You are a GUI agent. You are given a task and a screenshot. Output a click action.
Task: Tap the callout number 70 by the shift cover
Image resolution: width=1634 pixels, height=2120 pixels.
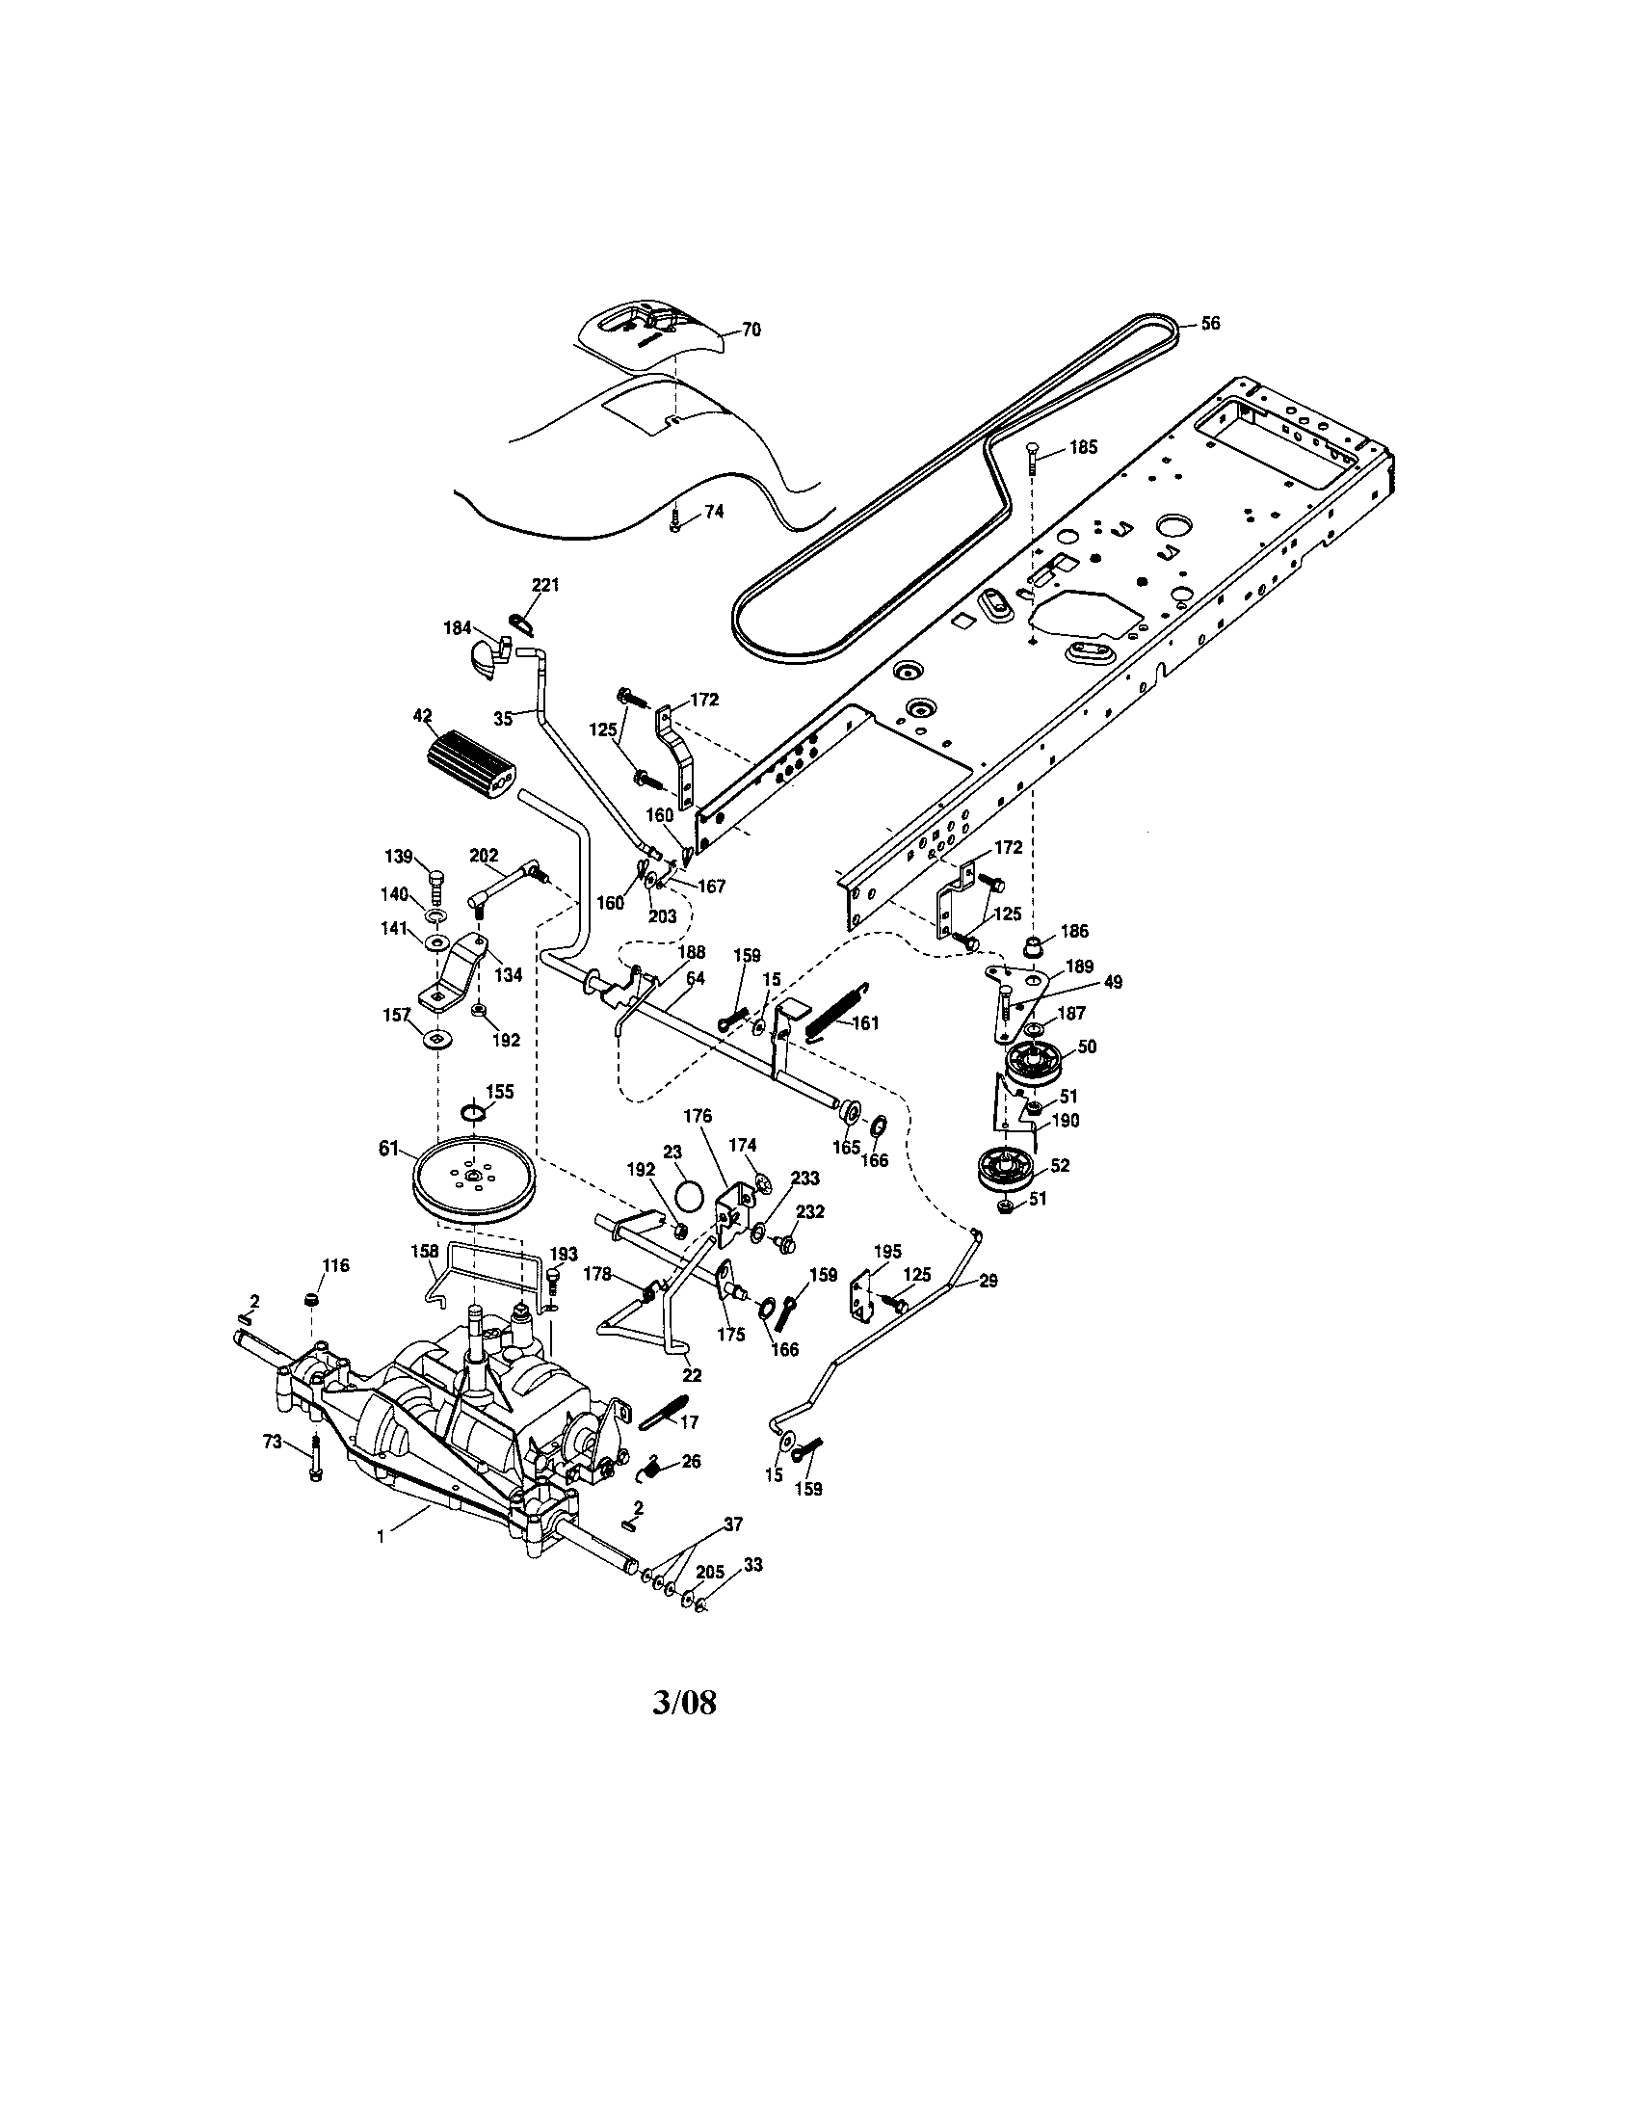tap(751, 330)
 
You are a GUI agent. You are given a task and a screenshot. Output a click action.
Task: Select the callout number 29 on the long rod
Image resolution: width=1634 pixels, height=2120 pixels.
tap(988, 1282)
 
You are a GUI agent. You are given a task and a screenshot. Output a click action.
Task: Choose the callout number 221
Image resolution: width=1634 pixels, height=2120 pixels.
tap(544, 585)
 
